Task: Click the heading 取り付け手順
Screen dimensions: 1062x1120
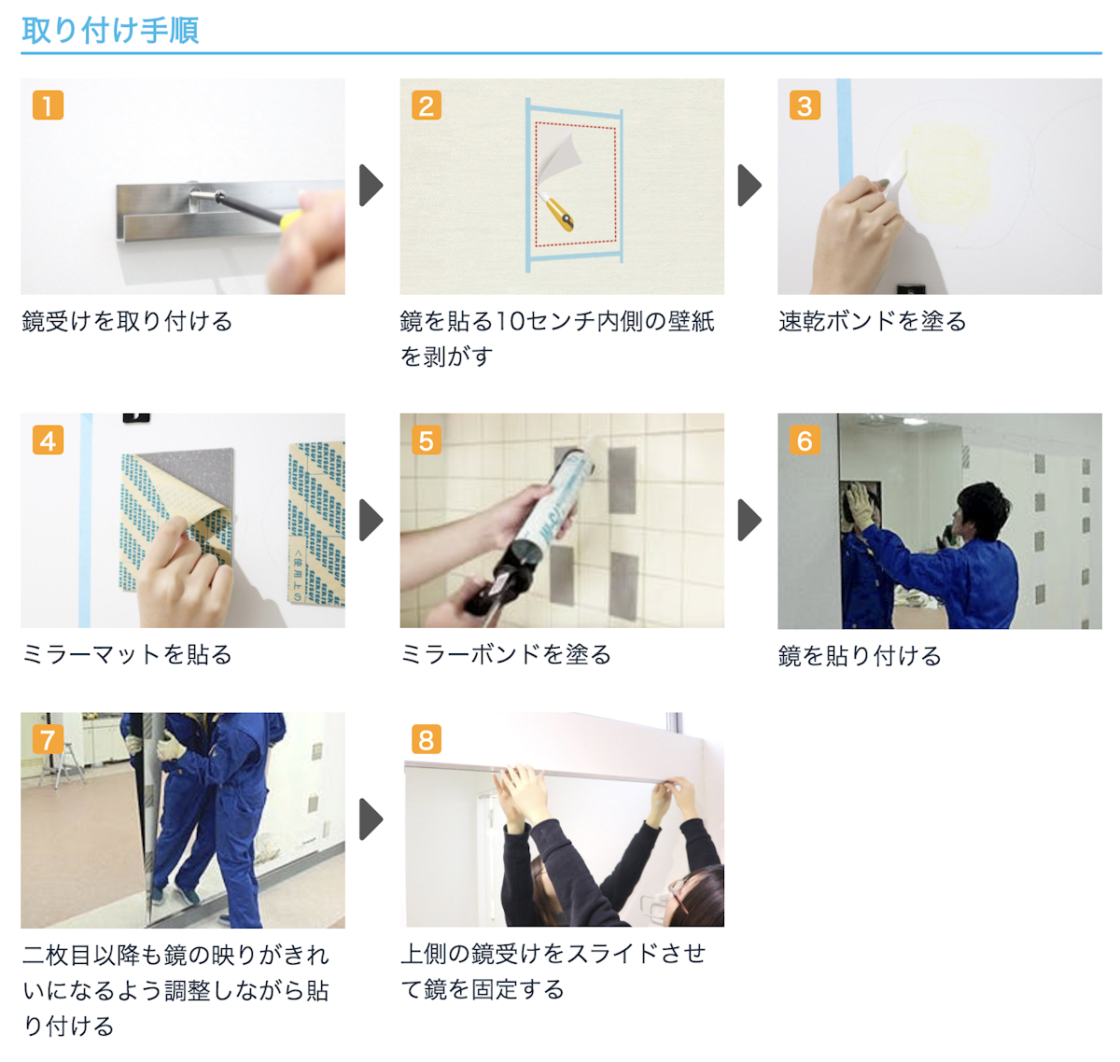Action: point(110,30)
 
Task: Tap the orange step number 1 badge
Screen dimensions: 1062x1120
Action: point(48,105)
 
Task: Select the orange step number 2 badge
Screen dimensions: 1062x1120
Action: point(427,105)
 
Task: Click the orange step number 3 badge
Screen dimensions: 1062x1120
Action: point(805,105)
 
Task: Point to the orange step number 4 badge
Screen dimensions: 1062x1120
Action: point(48,440)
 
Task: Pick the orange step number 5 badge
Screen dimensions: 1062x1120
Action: point(427,440)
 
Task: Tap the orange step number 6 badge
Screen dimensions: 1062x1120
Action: point(805,440)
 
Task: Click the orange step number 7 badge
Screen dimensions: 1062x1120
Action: point(48,739)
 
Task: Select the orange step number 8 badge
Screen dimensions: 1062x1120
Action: point(427,739)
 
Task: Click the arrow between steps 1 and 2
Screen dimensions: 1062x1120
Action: point(371,185)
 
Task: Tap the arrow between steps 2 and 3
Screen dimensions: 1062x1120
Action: point(749,185)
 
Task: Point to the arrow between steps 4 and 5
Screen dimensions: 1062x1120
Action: point(371,520)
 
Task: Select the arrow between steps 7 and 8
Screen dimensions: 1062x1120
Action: point(371,819)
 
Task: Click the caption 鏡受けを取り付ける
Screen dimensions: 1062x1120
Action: point(127,322)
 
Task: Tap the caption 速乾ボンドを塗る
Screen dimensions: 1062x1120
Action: point(872,322)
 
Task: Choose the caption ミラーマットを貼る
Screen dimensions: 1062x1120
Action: point(127,655)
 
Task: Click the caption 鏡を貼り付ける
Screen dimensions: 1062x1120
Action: point(860,656)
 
